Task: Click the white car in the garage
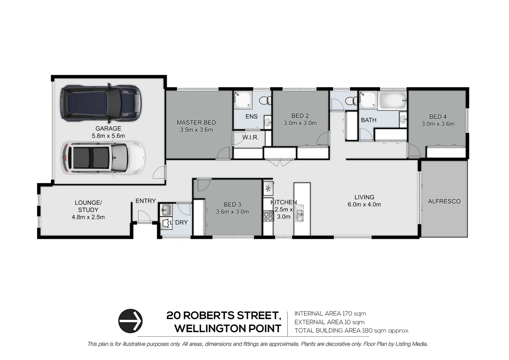[x=104, y=158]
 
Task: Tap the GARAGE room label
[x=108, y=128]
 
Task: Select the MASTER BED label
[x=196, y=123]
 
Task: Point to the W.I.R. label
[x=251, y=137]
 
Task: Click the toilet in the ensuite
[x=265, y=100]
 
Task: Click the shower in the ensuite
[x=243, y=100]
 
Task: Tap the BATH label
[x=368, y=120]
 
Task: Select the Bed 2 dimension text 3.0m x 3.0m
[x=300, y=123]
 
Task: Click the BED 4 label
[x=438, y=117]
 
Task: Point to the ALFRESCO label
[x=444, y=201]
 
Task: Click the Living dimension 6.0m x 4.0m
[x=364, y=205]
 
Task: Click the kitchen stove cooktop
[x=268, y=216]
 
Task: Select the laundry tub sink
[x=166, y=210]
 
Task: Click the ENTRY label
[x=146, y=201]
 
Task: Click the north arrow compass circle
[x=131, y=321]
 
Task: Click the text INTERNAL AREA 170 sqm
[x=330, y=313]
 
